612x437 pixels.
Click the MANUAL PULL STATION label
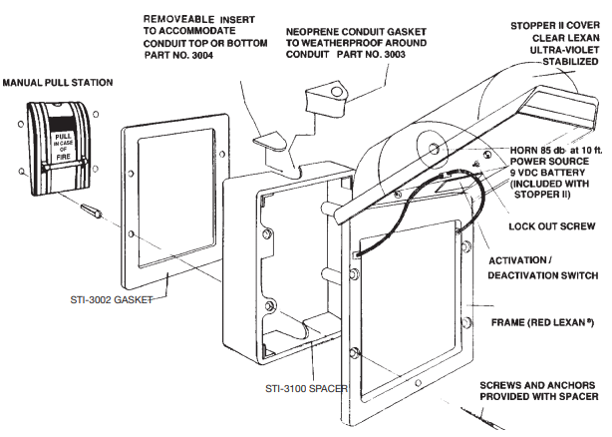click(57, 81)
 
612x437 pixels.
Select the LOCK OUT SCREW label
click(553, 226)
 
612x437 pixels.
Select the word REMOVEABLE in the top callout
click(177, 19)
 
